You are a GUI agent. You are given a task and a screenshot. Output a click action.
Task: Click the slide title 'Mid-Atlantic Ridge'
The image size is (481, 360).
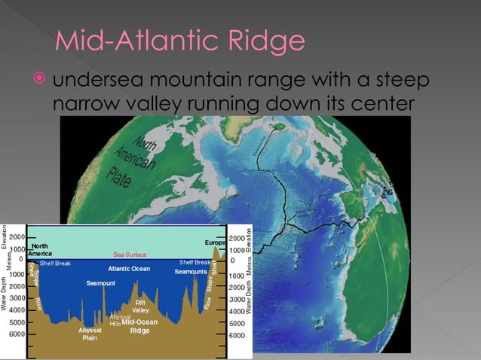point(181,41)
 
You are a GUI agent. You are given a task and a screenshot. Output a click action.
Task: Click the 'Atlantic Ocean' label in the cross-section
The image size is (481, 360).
point(129,268)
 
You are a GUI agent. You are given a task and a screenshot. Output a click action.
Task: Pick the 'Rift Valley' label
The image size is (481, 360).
point(141,306)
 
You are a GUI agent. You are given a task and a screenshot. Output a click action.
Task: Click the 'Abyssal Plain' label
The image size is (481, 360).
point(90,334)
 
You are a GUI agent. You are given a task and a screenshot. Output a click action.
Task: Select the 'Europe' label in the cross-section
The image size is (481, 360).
point(215,243)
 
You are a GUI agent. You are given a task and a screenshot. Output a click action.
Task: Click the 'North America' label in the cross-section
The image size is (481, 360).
point(41,250)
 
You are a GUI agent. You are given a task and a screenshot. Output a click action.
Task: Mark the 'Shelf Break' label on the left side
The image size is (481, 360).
point(55,263)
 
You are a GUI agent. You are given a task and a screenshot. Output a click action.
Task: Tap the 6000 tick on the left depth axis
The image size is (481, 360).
point(16,333)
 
